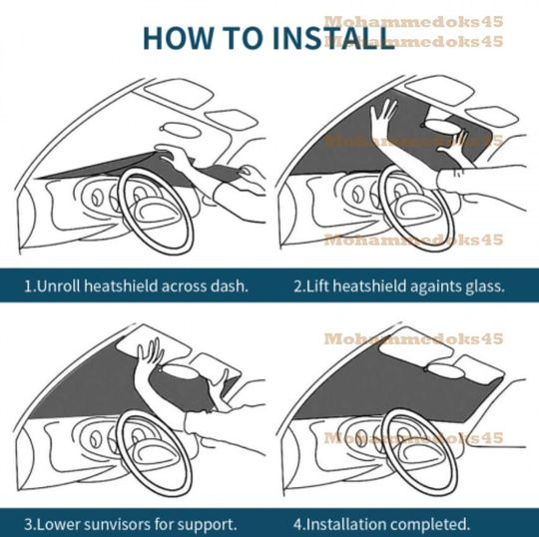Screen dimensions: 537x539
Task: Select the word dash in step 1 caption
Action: pyautogui.click(x=229, y=284)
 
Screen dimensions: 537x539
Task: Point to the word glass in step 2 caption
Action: pyautogui.click(x=483, y=284)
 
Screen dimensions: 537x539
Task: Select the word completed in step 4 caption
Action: pyautogui.click(x=432, y=522)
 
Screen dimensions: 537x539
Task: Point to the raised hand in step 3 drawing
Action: pyautogui.click(x=151, y=357)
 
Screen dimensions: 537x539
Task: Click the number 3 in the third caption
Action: pyautogui.click(x=28, y=522)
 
